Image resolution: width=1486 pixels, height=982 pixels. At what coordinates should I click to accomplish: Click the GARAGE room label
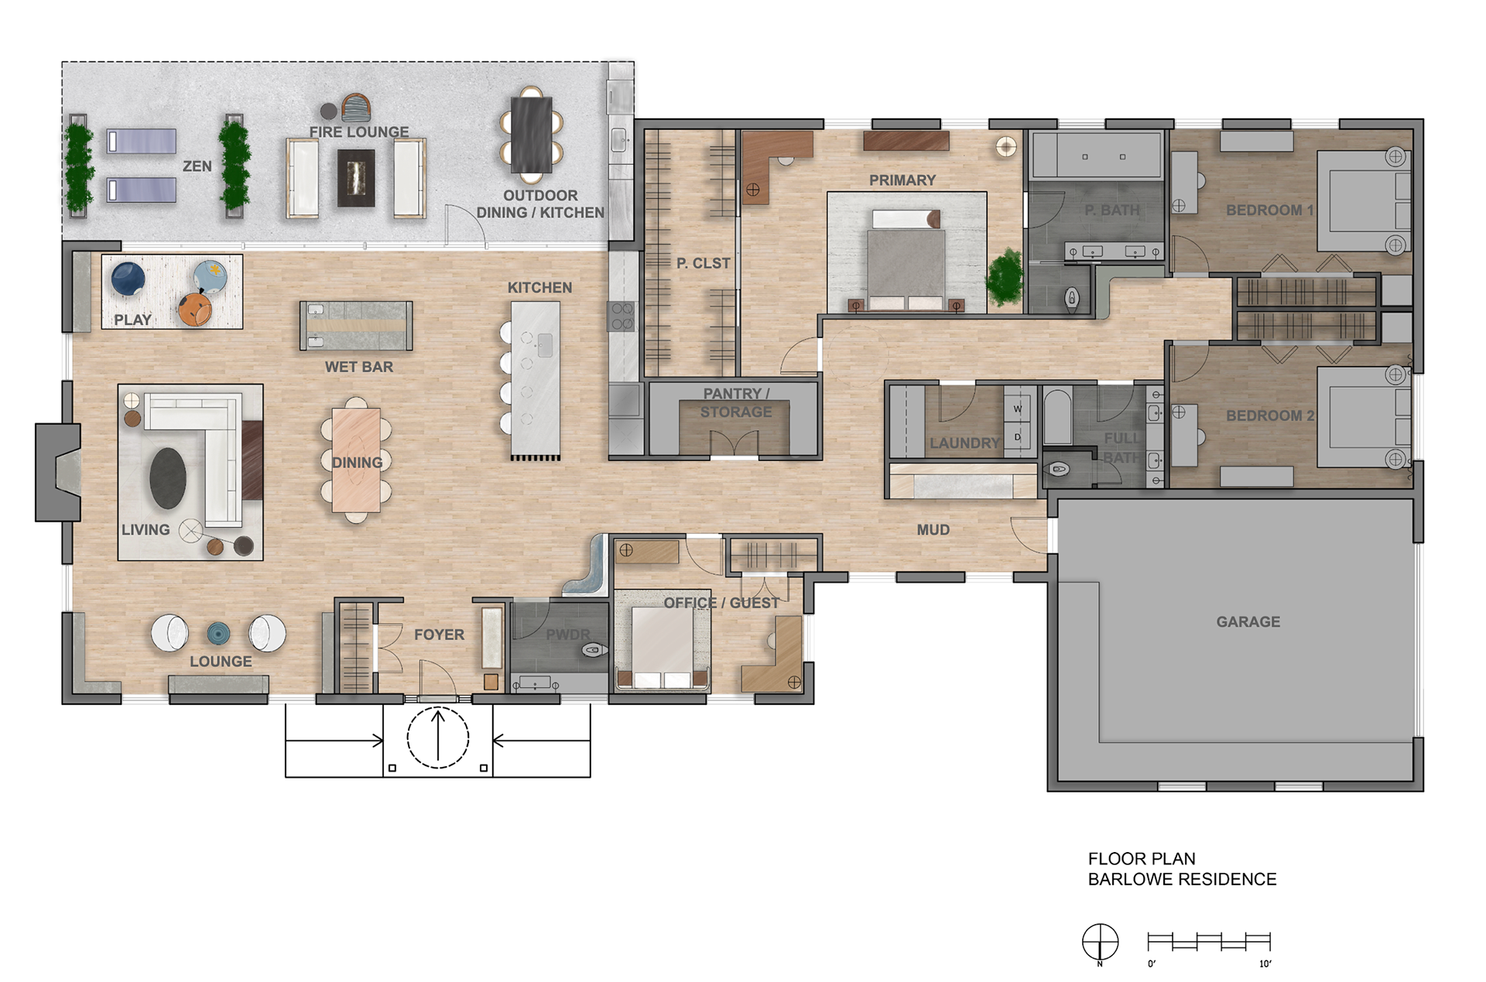[x=1248, y=621]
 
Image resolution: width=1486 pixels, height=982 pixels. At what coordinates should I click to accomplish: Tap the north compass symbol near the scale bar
[x=1100, y=943]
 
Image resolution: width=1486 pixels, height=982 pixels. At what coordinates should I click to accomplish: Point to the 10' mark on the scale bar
[x=1265, y=963]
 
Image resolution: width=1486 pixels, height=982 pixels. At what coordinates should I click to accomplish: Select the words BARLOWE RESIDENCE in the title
[x=1182, y=879]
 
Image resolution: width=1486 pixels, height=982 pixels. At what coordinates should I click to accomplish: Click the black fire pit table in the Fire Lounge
[x=356, y=178]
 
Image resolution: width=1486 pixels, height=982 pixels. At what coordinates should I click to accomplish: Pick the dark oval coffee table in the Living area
[x=168, y=478]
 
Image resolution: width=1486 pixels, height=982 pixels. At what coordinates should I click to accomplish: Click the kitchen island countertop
[x=535, y=380]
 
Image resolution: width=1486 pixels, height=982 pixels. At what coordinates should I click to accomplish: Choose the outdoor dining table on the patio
[x=531, y=133]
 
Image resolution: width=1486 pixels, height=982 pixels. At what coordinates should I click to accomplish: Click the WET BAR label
[x=359, y=367]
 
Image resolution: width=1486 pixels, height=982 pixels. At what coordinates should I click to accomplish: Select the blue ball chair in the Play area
[x=128, y=279]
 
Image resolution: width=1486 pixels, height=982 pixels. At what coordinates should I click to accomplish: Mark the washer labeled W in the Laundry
[x=1018, y=409]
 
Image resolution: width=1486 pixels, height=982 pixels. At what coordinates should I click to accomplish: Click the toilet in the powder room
[x=594, y=650]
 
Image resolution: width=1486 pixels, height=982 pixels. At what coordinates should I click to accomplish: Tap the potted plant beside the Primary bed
[x=1005, y=276]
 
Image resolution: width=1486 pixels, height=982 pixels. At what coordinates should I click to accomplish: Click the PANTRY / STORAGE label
[x=736, y=402]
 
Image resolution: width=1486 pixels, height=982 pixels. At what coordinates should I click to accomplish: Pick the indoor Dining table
[x=356, y=460]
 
